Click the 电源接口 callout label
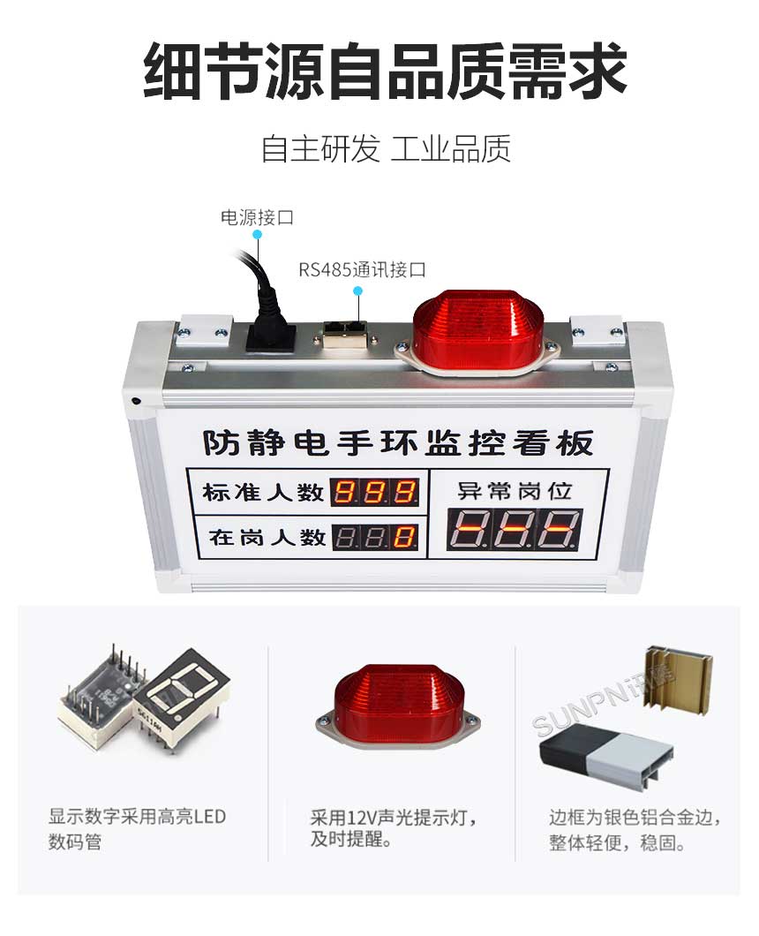pos(256,217)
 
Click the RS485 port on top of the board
pos(345,333)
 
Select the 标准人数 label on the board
pos(262,492)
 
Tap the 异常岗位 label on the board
pos(515,490)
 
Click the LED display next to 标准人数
pos(374,492)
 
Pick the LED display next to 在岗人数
pos(374,536)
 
